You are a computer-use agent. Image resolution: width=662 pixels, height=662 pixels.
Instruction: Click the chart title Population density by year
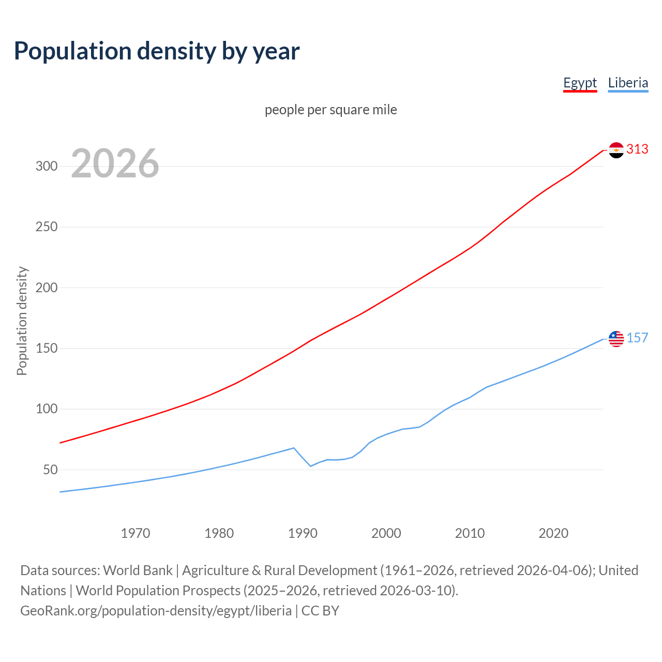point(157,51)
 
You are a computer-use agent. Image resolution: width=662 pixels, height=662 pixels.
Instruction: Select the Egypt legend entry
point(580,83)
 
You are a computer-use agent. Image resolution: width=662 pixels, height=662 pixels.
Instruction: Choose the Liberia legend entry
point(628,83)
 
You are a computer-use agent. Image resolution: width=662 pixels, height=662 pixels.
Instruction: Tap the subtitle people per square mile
point(330,110)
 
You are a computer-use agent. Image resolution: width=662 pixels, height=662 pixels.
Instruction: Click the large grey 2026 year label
point(115,163)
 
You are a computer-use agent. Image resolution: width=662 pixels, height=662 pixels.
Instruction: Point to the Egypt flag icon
point(616,150)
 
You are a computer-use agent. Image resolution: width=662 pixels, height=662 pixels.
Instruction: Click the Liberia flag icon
point(616,339)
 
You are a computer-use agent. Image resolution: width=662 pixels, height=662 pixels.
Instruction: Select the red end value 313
point(637,149)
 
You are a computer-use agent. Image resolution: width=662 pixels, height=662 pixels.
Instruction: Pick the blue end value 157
point(637,338)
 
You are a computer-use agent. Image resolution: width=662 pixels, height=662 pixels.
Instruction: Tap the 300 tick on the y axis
point(46,167)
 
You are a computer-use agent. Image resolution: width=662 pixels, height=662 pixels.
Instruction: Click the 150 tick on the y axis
point(46,349)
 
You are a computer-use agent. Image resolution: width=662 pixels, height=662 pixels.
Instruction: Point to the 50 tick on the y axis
point(50,470)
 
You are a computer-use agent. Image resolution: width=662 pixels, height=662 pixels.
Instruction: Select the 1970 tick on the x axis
point(136,533)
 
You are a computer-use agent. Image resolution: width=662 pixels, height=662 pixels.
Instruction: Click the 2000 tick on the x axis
point(386,533)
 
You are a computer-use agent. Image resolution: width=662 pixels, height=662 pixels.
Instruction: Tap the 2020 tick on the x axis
point(553,533)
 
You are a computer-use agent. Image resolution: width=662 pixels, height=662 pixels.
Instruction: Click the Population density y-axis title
point(22,321)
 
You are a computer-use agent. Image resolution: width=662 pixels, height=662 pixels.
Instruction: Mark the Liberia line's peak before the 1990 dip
point(294,448)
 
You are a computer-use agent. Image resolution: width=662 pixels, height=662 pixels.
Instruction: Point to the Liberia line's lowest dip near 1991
point(311,466)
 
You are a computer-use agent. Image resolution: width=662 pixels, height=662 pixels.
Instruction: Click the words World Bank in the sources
point(138,570)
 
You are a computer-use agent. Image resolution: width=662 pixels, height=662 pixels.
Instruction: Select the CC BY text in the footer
point(320,611)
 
